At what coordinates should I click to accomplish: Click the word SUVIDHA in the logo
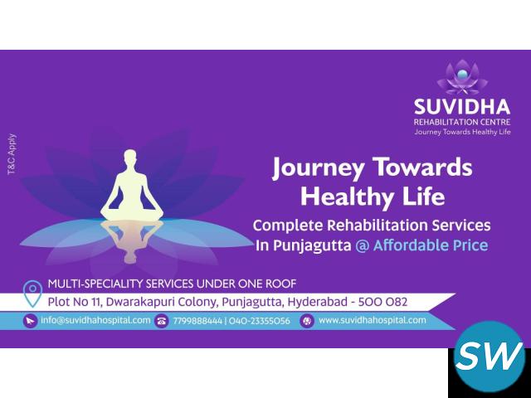click(462, 107)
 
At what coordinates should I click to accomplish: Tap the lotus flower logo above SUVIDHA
click(462, 77)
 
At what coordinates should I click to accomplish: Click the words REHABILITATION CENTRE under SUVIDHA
click(462, 122)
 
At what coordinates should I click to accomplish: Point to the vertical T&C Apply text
click(12, 154)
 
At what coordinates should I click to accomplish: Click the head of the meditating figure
click(130, 156)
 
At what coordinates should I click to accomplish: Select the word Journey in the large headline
click(319, 168)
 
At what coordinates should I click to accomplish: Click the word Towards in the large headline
click(422, 167)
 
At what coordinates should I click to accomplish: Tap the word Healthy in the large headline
click(347, 197)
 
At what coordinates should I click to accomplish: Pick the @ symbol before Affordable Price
click(362, 245)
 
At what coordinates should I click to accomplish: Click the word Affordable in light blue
click(411, 245)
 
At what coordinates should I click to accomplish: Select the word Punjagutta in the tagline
click(312, 246)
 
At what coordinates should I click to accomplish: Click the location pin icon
click(32, 294)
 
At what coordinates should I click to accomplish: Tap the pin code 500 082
click(382, 302)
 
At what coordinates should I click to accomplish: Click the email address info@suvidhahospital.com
click(95, 320)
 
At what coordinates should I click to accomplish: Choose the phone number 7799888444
click(197, 321)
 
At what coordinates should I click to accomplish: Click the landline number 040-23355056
click(260, 321)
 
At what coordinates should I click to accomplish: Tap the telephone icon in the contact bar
click(161, 321)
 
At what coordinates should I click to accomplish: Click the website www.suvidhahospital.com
click(373, 320)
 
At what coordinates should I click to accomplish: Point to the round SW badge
click(490, 357)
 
